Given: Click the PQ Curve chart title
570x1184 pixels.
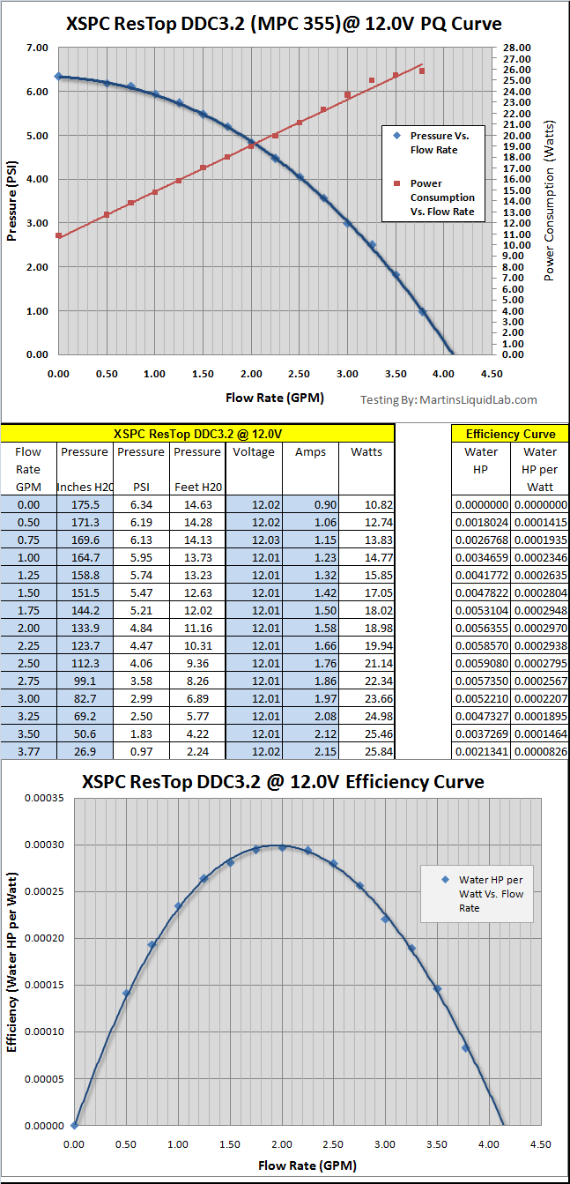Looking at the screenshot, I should tap(284, 24).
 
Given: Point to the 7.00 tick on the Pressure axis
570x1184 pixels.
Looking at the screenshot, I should tap(36, 48).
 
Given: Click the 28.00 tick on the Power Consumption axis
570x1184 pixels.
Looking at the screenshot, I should tap(516, 48).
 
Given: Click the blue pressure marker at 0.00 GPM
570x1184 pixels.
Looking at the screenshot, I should tap(58, 77).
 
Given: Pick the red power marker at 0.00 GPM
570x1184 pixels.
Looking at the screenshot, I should tap(58, 235).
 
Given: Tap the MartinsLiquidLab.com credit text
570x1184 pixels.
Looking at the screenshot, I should tap(448, 399).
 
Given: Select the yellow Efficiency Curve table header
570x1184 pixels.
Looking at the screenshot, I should tap(510, 434).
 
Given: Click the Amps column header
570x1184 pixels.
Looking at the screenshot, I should tap(310, 452).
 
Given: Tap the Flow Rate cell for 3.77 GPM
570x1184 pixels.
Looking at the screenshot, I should tap(28, 750).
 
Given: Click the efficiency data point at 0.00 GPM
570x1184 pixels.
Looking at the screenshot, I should tap(74, 1125).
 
